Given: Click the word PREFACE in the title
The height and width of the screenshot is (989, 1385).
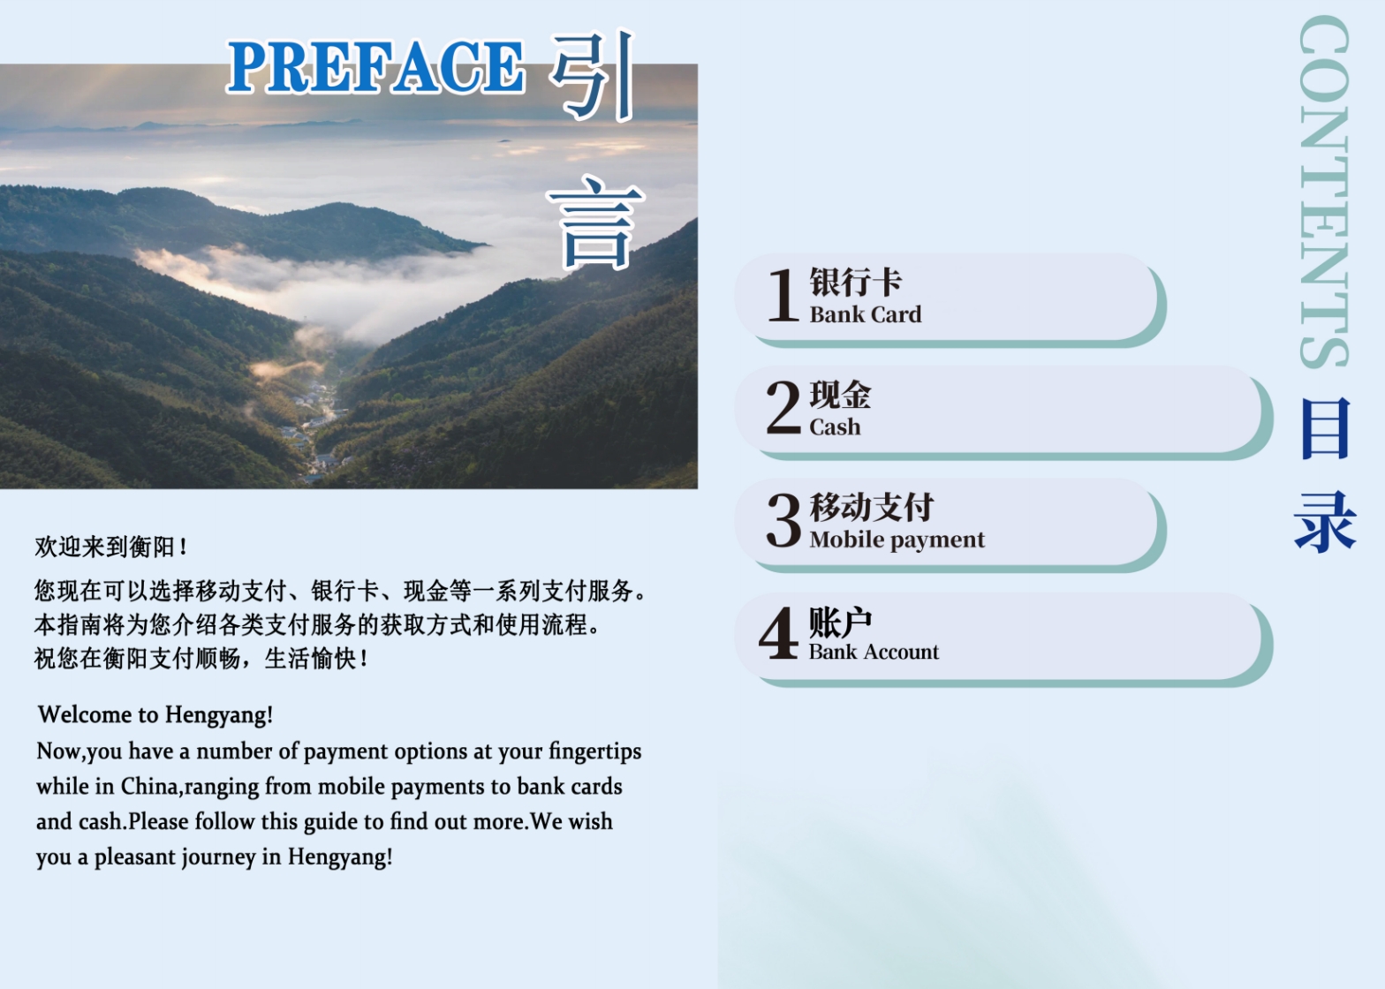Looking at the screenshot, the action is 376,67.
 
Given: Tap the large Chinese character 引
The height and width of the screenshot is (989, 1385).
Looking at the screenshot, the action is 593,75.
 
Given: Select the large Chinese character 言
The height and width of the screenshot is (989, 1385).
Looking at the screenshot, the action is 594,223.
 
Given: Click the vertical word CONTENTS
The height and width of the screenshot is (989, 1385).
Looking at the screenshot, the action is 1324,192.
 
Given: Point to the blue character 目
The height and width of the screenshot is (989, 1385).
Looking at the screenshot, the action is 1324,428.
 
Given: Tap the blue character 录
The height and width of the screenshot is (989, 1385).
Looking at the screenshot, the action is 1324,523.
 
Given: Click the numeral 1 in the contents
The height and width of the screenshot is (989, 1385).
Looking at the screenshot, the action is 783,296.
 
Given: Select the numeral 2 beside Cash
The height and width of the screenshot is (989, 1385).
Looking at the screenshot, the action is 783,407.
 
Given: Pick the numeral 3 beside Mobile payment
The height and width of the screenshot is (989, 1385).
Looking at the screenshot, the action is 783,520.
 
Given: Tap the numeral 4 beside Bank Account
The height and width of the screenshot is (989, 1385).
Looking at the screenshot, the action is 778,632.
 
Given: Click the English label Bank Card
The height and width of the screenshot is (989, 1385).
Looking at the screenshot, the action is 866,314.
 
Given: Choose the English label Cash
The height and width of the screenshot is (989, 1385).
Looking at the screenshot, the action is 835,427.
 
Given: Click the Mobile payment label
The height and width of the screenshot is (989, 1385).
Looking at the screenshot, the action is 897,540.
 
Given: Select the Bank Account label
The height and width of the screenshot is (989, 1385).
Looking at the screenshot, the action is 874,652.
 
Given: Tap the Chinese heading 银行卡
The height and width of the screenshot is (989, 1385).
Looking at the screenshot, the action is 856,282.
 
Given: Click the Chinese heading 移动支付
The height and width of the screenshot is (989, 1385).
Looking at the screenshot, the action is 872,507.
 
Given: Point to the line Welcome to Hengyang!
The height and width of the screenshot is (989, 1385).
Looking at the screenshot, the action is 155,714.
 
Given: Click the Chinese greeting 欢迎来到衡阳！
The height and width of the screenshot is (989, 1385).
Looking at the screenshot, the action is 111,547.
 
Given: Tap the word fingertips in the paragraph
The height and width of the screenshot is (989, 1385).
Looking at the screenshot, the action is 594,751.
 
